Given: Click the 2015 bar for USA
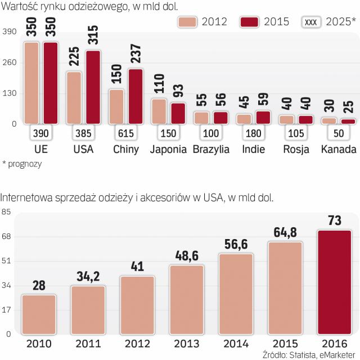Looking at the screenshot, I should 93,87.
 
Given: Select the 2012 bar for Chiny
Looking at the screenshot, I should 116,106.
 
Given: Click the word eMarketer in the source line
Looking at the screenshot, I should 336,354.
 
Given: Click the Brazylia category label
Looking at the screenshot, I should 211,150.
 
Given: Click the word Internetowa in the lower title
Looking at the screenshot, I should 27,197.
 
